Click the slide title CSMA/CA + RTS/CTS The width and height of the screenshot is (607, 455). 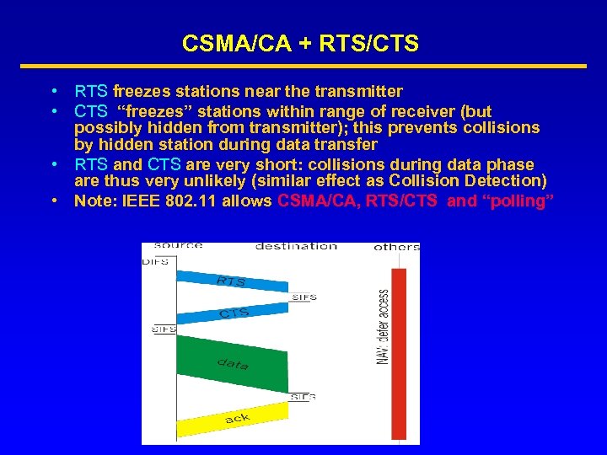coord(300,44)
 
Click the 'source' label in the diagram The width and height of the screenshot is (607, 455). coord(178,246)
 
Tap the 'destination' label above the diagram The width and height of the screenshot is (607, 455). coord(296,247)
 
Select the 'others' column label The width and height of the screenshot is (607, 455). coord(396,248)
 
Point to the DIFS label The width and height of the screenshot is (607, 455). coord(154,262)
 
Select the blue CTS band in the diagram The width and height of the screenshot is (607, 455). coord(232,313)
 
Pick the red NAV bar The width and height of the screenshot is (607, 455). coord(399,354)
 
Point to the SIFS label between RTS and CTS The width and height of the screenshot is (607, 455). coord(303,297)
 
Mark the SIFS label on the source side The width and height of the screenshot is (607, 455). coord(163,329)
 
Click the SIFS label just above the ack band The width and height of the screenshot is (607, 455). coord(303,397)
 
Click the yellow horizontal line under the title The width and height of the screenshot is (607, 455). coord(303,66)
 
